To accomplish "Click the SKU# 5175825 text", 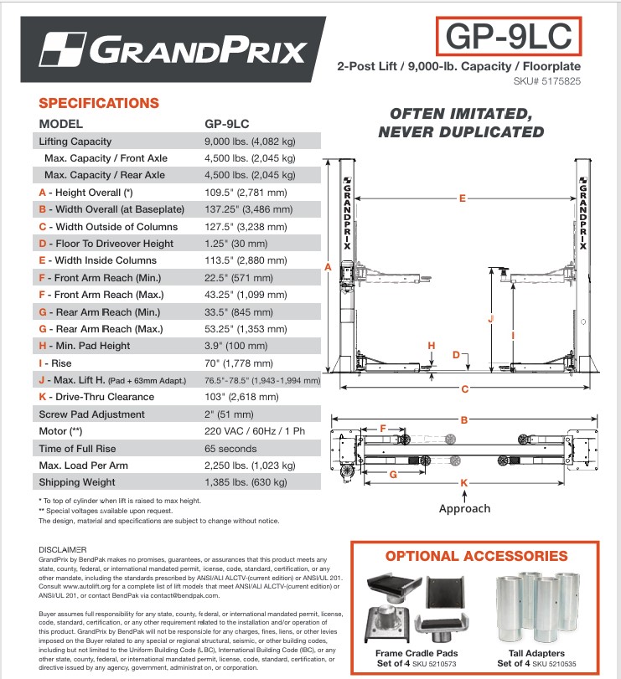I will click(x=546, y=81).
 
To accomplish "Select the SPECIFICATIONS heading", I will click(x=99, y=104).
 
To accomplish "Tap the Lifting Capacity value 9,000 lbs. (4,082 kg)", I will click(x=250, y=141).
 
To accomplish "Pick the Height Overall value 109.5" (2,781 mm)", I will click(x=246, y=193).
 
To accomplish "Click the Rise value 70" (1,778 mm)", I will click(x=239, y=363).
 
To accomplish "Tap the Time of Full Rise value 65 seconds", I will click(x=230, y=449).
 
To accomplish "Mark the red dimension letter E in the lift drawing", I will click(x=462, y=198).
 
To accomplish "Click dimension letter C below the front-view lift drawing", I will click(x=464, y=389).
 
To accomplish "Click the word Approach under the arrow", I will click(x=464, y=508).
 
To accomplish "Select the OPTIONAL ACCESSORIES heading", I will click(x=476, y=556).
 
